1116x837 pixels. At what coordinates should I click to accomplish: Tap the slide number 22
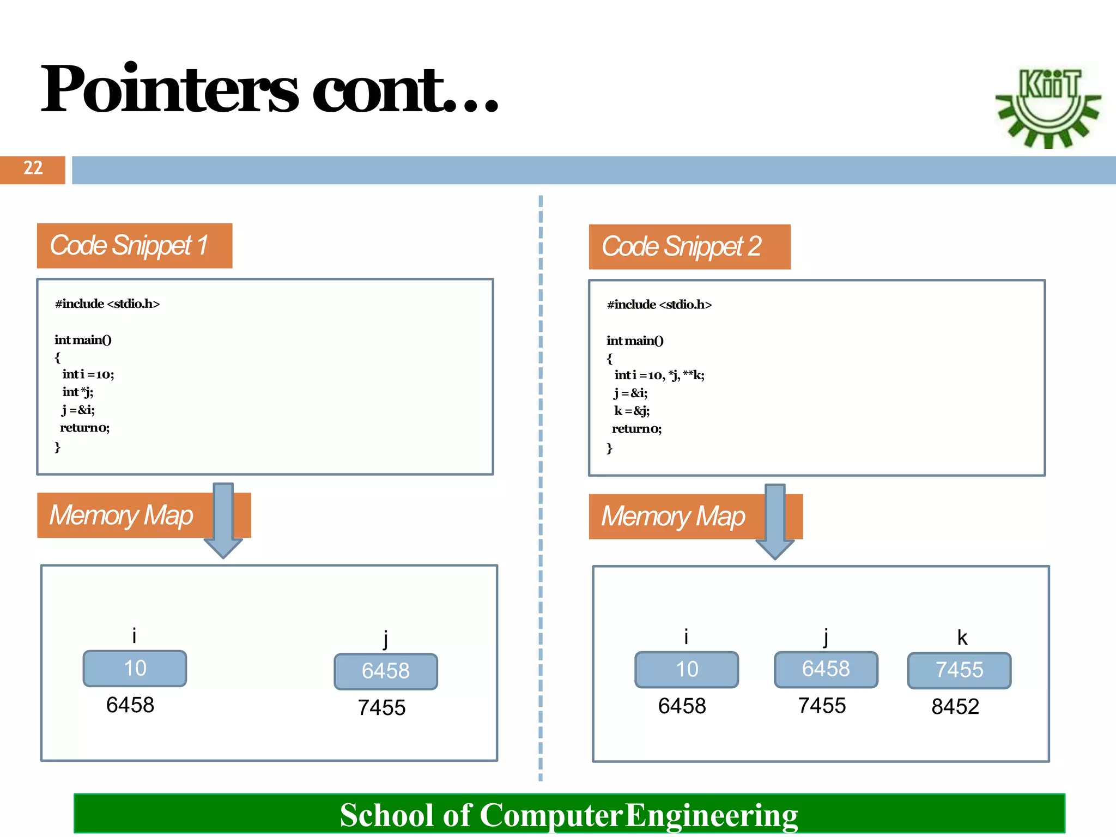point(33,168)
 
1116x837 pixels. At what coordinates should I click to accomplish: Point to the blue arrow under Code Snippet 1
point(223,520)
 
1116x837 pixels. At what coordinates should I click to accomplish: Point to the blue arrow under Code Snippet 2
point(775,521)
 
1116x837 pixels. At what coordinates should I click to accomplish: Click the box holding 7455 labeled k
point(959,670)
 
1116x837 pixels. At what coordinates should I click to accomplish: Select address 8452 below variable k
point(955,707)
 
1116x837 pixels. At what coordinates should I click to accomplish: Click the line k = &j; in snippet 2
point(632,411)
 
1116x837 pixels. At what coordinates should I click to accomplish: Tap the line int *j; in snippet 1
point(78,392)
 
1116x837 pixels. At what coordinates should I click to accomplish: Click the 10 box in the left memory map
point(135,669)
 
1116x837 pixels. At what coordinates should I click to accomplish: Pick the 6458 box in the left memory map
point(385,671)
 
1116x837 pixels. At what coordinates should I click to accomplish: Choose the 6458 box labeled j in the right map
point(826,669)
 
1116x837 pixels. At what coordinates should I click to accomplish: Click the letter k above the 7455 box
point(962,638)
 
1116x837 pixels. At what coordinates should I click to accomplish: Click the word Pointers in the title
point(169,89)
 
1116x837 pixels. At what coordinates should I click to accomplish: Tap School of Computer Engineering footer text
point(568,815)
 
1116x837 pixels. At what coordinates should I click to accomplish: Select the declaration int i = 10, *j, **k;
point(659,375)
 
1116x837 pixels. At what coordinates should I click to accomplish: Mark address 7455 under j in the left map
point(381,708)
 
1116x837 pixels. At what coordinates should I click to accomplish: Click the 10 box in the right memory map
point(687,670)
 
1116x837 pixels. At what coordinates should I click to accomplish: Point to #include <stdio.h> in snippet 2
point(659,305)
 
